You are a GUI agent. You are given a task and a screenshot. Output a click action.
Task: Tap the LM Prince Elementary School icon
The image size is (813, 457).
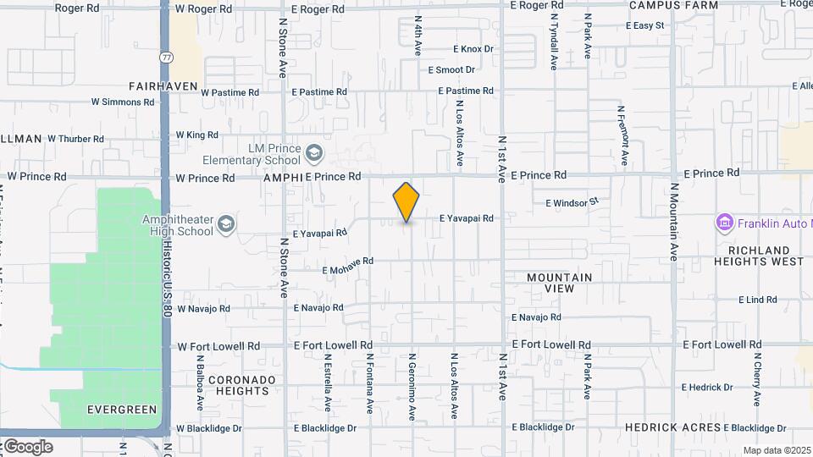coord(314,153)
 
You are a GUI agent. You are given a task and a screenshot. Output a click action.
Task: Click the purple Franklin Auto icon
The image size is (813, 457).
coord(724,223)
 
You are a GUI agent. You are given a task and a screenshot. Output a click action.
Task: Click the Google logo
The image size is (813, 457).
coord(27,446)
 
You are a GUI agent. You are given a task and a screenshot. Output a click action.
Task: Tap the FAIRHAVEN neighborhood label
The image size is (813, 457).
coord(163,86)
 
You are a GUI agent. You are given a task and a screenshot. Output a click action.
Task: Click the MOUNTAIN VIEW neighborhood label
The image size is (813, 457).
coord(559,283)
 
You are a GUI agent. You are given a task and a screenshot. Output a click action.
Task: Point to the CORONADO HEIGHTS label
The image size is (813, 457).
coord(242,385)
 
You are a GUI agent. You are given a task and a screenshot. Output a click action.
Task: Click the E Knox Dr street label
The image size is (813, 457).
coord(473,49)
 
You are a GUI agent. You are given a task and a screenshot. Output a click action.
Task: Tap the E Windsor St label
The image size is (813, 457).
coord(572,202)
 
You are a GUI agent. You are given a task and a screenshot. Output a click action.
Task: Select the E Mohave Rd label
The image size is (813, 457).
coord(348,267)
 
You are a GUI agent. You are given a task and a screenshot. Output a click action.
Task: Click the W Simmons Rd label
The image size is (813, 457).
coord(123,102)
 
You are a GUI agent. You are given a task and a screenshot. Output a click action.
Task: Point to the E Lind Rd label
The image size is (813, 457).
coord(757,300)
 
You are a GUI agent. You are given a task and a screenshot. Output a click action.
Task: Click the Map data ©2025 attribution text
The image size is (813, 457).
coord(777,450)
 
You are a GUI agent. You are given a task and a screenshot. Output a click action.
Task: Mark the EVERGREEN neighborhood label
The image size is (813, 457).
coord(122,410)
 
